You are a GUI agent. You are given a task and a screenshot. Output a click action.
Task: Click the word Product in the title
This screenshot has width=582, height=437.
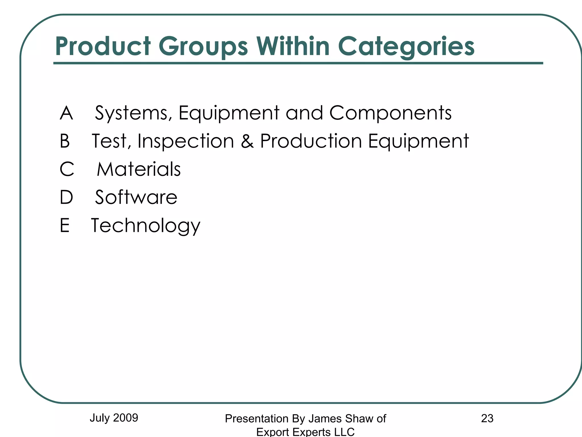pos(103,46)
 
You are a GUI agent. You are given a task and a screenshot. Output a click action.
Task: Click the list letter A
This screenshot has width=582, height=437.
pos(66,113)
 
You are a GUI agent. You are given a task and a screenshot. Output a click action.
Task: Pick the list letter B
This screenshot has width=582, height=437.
pos(65,141)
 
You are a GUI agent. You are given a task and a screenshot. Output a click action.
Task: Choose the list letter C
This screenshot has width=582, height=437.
pos(67,169)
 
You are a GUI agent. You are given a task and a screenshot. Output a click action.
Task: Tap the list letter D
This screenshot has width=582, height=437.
pos(66,197)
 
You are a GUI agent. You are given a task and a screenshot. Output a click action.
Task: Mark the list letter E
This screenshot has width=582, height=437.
pos(65,225)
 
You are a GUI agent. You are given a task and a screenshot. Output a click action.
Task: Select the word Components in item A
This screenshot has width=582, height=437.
pos(390,113)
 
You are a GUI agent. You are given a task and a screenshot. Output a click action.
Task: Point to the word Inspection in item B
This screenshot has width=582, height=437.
pos(186,141)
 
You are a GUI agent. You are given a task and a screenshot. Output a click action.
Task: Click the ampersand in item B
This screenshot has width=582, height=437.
pos(247,141)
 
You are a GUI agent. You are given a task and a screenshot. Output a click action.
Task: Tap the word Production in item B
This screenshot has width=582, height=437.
pos(311,141)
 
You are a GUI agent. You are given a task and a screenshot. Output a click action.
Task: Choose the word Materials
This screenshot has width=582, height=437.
pos(139,169)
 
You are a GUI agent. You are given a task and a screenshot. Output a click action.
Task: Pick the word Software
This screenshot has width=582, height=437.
pos(136,197)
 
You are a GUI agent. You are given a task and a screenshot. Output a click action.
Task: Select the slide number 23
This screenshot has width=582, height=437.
pos(487,418)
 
